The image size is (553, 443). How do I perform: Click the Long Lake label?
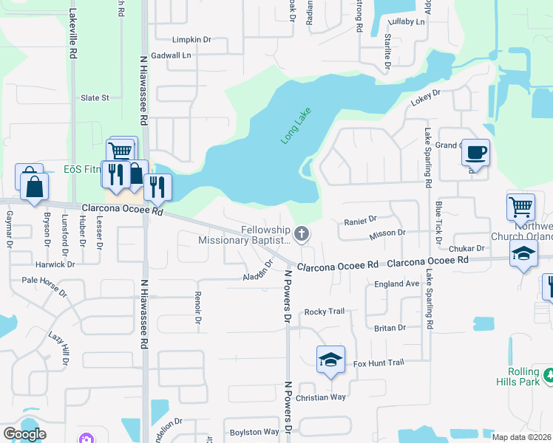(296, 126)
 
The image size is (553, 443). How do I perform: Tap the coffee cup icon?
(475, 152)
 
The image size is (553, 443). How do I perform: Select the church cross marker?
(301, 235)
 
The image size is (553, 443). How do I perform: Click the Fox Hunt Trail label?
(378, 363)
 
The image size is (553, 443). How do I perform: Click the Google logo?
(24, 433)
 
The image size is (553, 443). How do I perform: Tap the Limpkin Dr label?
(191, 40)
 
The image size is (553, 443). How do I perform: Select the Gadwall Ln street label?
(171, 55)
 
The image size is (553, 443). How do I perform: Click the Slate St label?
(95, 97)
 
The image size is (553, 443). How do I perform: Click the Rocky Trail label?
(325, 312)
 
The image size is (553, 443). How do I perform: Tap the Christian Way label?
(320, 397)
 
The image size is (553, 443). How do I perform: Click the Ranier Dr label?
(361, 219)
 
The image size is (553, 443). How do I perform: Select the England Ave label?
(396, 284)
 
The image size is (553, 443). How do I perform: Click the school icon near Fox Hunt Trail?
(330, 359)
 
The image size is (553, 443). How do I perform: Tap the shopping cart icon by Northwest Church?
(520, 207)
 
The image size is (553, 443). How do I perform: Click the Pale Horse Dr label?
(44, 281)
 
